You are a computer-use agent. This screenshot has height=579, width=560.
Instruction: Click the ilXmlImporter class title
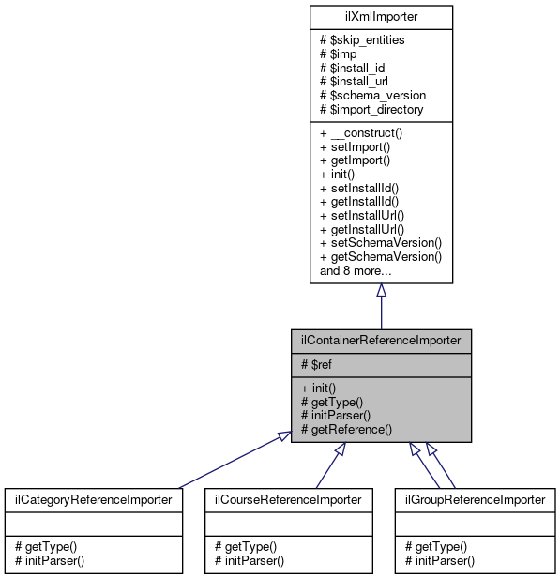[381, 17]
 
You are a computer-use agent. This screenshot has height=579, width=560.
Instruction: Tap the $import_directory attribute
[371, 110]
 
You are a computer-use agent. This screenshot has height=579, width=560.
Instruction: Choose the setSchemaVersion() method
[381, 242]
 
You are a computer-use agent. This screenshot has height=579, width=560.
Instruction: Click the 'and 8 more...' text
[356, 270]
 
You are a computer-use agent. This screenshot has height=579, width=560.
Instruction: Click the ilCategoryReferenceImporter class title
[92, 500]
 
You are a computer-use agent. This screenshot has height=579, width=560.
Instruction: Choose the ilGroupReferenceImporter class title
[475, 500]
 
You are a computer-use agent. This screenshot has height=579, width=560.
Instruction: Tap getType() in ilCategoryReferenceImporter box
[46, 546]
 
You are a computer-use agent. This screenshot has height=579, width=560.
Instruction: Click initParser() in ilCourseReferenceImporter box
[250, 560]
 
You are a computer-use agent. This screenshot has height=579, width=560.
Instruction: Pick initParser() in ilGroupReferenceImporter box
[440, 560]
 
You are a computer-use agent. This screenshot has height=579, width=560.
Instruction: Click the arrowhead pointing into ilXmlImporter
[381, 291]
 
